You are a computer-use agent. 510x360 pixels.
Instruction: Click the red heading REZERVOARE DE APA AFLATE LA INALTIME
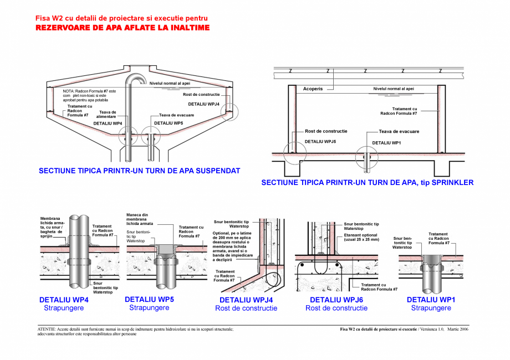[123, 27]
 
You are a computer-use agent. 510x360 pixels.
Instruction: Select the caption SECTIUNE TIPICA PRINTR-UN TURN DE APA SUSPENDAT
[139, 171]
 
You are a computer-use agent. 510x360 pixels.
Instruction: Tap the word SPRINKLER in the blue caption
[453, 182]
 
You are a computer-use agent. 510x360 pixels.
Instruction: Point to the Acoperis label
[313, 89]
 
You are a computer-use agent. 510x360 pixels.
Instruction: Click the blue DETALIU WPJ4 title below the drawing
[246, 300]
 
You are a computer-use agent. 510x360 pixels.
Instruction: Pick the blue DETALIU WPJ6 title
[336, 300]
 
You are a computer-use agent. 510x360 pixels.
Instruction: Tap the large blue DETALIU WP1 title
[431, 300]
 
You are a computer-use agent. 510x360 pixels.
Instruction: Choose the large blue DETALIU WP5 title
[149, 299]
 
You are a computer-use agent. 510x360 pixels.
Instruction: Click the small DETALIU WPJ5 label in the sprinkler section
[320, 142]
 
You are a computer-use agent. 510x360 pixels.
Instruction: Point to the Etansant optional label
[361, 238]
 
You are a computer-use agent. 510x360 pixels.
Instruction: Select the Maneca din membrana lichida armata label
[141, 219]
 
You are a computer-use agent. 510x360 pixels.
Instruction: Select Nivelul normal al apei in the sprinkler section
[393, 89]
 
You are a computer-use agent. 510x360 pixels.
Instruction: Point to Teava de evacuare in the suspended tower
[176, 115]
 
